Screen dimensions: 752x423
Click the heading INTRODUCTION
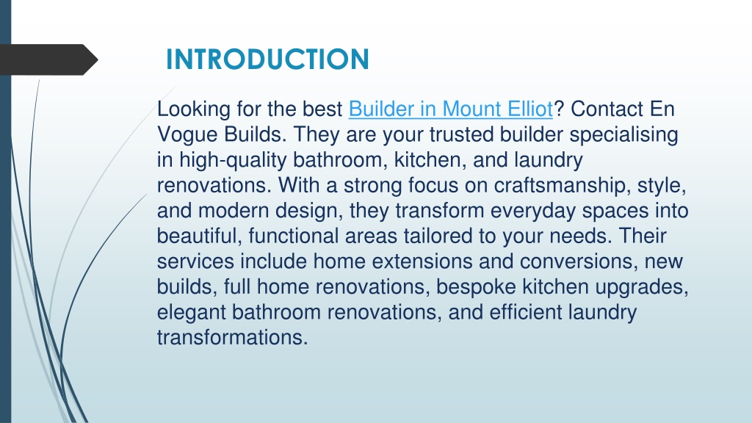(x=267, y=59)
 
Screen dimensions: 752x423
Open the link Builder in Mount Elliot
(x=450, y=109)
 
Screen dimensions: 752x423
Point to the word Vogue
(x=187, y=135)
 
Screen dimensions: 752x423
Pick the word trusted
(x=461, y=134)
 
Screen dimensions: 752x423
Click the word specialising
(x=623, y=135)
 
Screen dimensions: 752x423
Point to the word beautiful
(x=199, y=236)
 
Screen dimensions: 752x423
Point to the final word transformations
(x=232, y=338)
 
